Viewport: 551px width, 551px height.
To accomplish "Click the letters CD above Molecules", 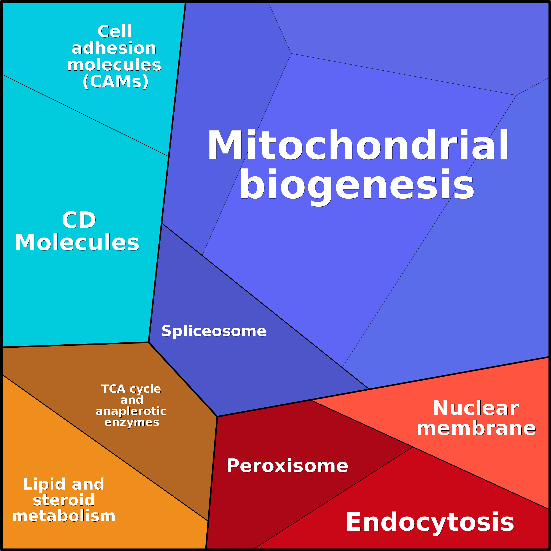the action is (x=79, y=220).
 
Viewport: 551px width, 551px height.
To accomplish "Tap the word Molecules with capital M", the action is (x=77, y=242).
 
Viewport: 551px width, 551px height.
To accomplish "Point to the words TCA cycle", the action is (x=131, y=389).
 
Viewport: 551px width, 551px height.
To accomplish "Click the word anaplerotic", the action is (x=131, y=411).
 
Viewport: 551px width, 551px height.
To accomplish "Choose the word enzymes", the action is (x=132, y=422).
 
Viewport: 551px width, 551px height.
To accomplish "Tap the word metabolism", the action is (x=64, y=516).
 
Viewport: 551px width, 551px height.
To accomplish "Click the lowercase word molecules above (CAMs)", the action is (x=114, y=65).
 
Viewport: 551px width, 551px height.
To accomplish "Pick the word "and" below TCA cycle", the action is (x=132, y=400).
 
